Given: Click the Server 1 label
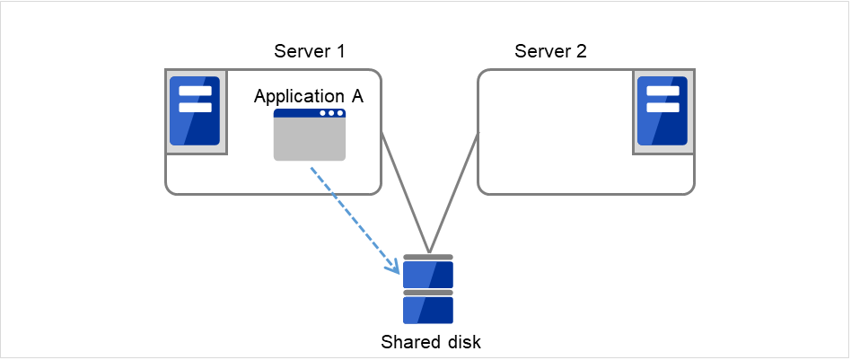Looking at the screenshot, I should click(309, 51).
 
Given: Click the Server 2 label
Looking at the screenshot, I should click(550, 51).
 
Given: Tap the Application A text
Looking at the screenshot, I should click(309, 96).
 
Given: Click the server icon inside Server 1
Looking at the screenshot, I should click(195, 110).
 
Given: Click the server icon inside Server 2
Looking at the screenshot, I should click(662, 110).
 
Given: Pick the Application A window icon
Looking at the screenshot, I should click(310, 135).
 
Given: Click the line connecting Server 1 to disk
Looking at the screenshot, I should click(406, 193).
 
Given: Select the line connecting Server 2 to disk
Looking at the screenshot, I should click(454, 193).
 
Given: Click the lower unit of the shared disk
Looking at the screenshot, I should click(428, 310).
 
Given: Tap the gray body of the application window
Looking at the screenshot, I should click(310, 140).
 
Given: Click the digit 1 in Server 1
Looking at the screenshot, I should click(341, 51).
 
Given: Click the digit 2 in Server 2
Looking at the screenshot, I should click(582, 51).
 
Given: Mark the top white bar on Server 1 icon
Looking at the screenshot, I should click(195, 91).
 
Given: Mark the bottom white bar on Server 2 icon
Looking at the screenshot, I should click(662, 107).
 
